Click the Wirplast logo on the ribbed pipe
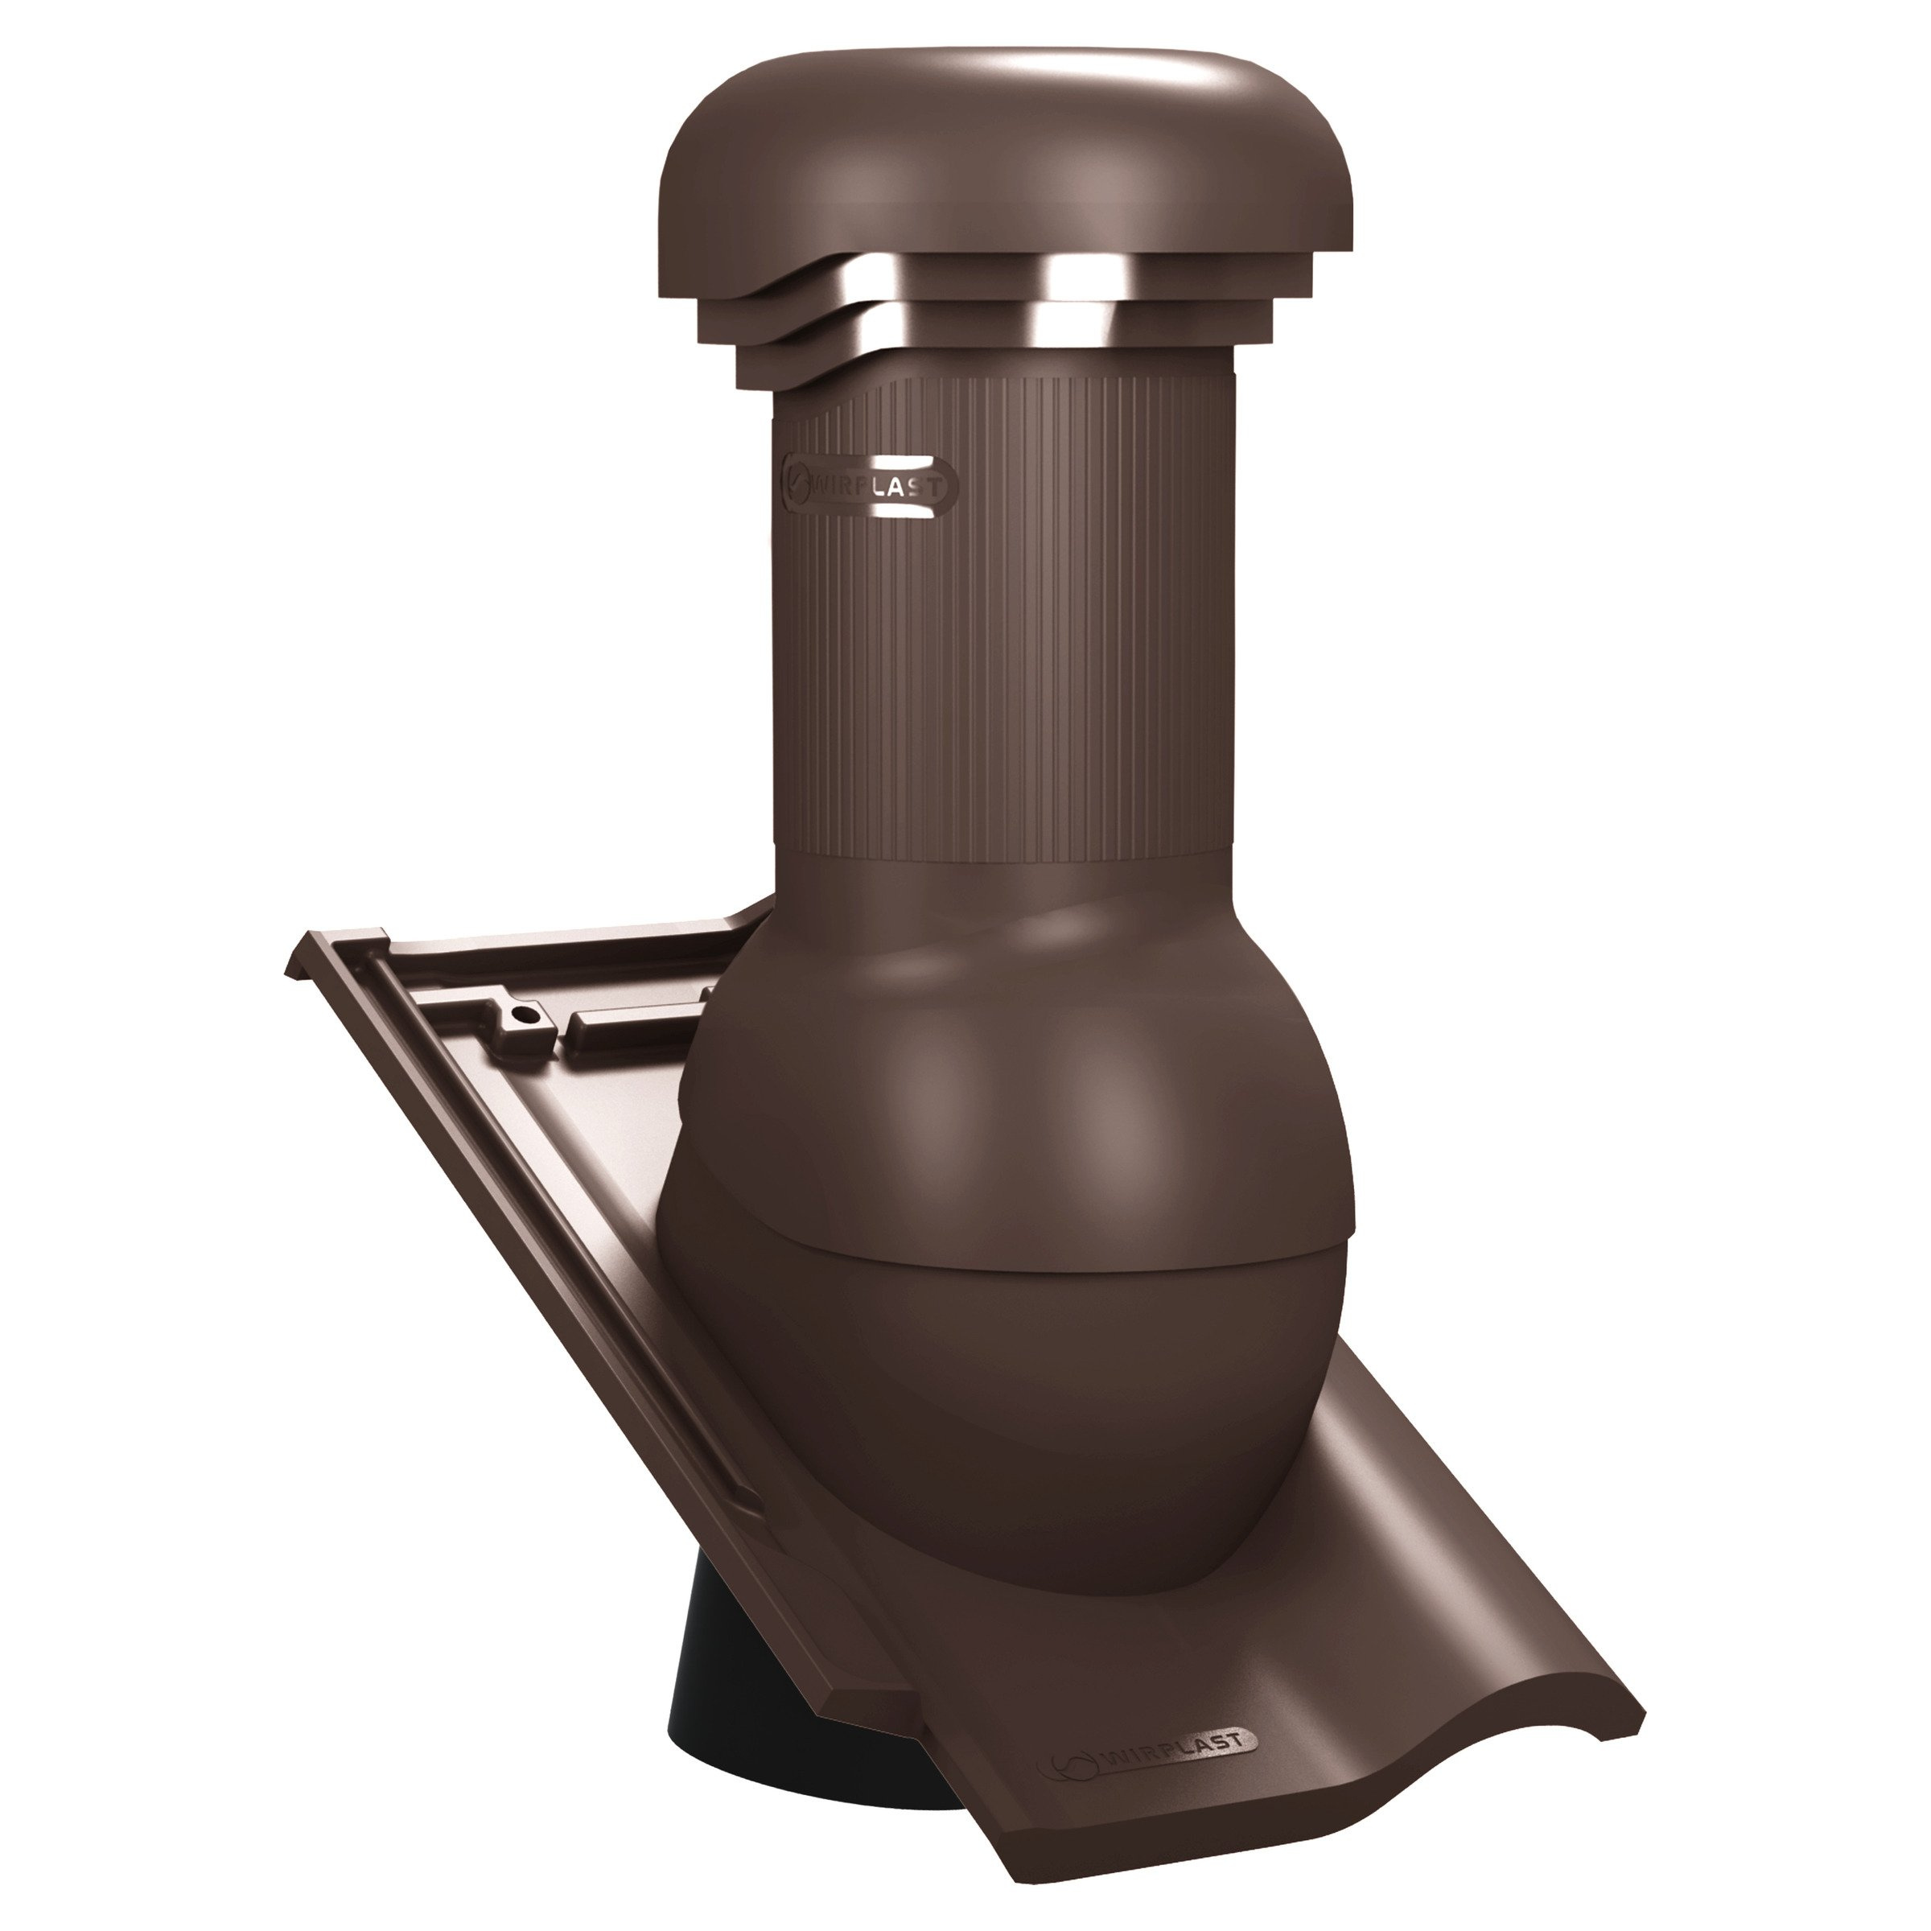[x=867, y=487]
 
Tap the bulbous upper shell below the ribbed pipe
[x=1010, y=1080]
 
